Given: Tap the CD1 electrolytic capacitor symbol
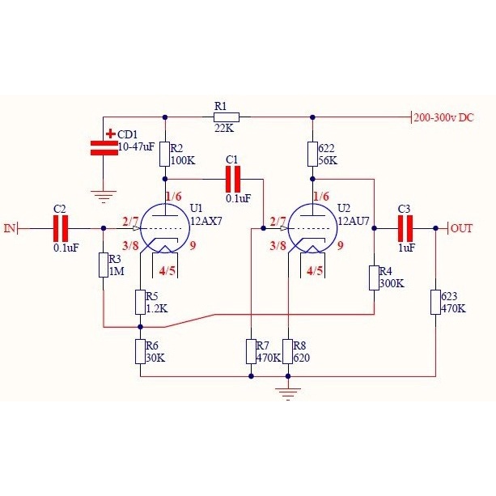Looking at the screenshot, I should pos(103,147).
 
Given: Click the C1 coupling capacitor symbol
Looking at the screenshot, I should pos(234,178).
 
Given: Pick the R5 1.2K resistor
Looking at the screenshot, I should pos(140,302).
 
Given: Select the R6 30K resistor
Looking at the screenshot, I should pos(140,351).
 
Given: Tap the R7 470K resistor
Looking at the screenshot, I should pos(252,351).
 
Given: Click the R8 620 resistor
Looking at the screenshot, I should pos(288,351).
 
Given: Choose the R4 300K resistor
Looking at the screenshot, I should pos(374,278).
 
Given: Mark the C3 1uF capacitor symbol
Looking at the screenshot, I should pos(405,227).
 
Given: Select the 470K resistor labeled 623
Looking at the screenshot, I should pos(435,302).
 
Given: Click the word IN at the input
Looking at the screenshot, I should pos(10,228).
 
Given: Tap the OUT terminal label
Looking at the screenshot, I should pos(462,228).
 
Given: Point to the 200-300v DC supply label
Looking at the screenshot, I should pos(443,117).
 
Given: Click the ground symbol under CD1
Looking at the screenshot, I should pos(103,195).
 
